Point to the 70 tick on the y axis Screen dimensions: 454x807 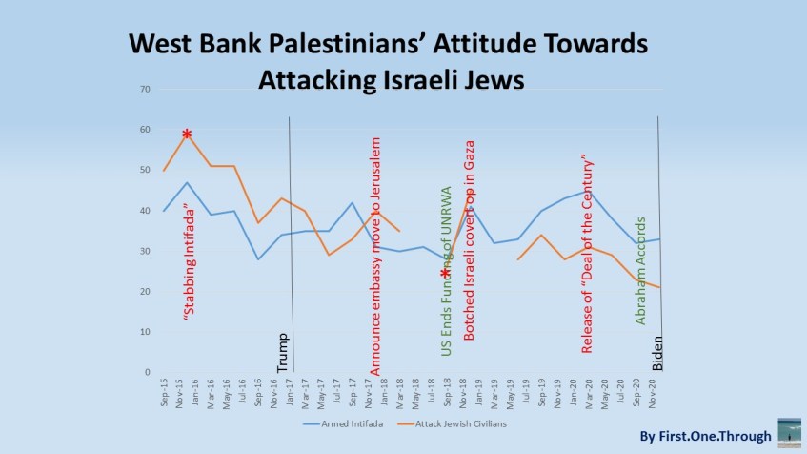145,90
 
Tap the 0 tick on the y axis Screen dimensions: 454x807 147,372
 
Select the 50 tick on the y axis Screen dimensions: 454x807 145,170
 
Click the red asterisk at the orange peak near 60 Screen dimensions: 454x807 187,134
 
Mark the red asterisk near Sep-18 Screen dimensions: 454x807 445,274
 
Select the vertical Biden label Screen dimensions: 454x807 656,352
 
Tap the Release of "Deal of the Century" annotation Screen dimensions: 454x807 587,253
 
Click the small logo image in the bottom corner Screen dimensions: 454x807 789,431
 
